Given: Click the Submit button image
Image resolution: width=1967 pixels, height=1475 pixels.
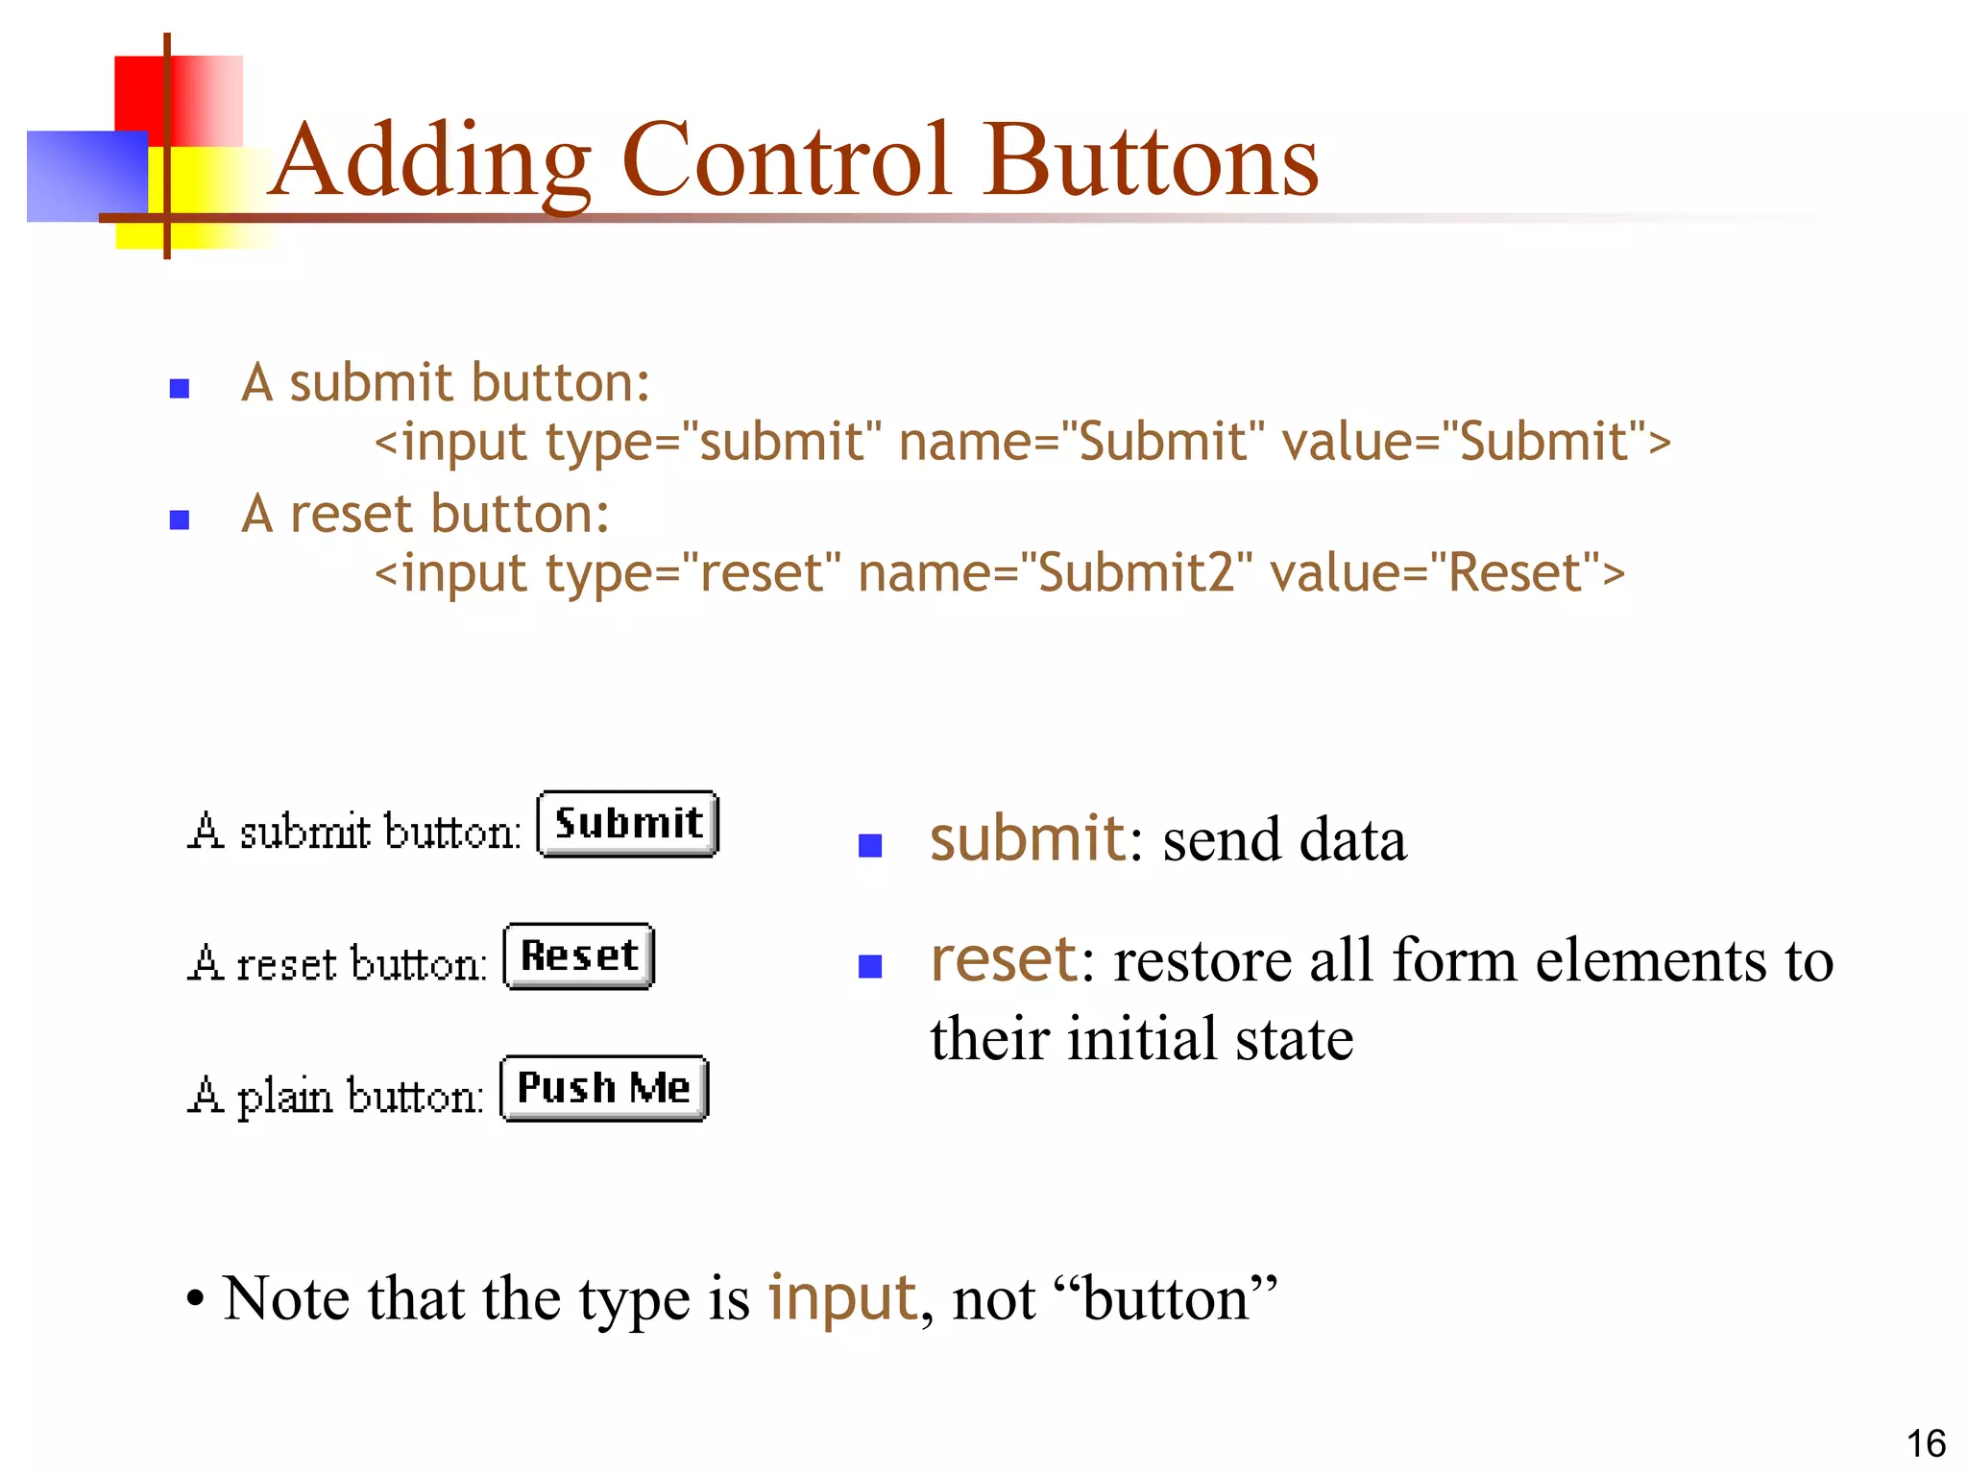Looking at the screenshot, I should (627, 824).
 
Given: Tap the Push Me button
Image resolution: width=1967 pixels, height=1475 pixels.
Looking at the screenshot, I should (604, 1088).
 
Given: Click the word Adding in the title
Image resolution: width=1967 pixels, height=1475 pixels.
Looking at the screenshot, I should (430, 160).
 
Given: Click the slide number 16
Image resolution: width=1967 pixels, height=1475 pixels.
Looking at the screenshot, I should (1925, 1443).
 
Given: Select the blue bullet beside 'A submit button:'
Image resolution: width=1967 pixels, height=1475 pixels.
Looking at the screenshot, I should (179, 389).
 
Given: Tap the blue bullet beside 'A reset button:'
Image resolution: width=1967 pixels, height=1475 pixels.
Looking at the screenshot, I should (179, 520).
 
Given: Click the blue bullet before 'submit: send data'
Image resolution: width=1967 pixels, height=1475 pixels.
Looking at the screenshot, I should (870, 845).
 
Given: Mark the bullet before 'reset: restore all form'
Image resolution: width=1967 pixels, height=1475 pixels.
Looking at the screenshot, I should (870, 966).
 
